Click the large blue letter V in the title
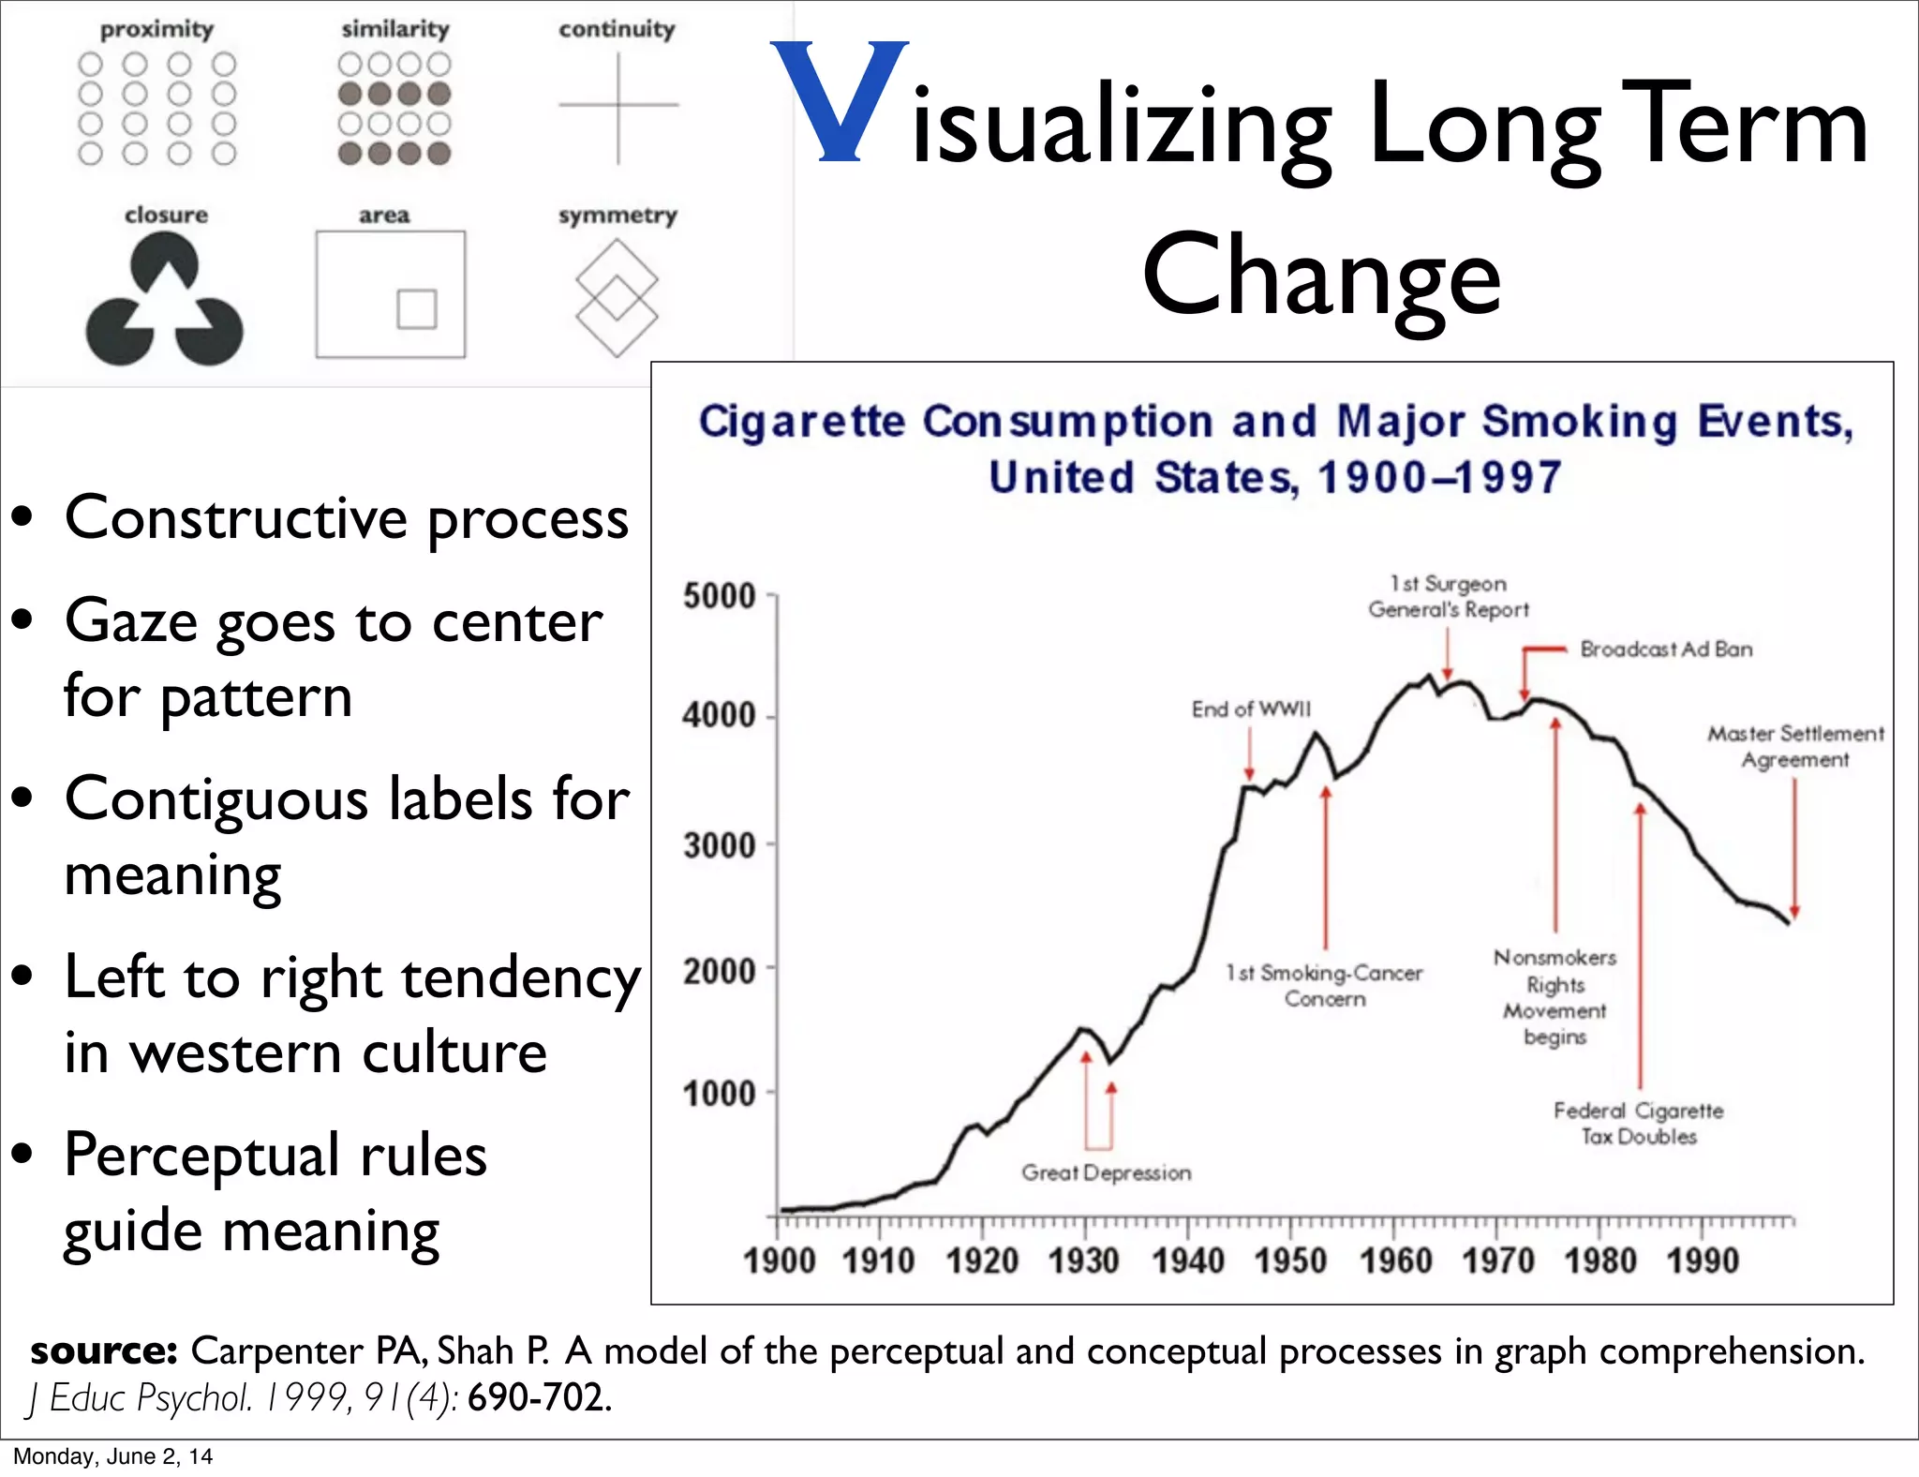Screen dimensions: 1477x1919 pyautogui.click(x=840, y=101)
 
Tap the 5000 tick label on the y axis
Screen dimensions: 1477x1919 pyautogui.click(x=719, y=596)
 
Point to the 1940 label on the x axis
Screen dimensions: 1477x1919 pyautogui.click(x=1187, y=1261)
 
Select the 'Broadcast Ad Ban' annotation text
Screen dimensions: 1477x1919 pyautogui.click(x=1666, y=649)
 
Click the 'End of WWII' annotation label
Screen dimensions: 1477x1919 pyautogui.click(x=1251, y=709)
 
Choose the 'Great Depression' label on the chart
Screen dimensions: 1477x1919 pyautogui.click(x=1106, y=1172)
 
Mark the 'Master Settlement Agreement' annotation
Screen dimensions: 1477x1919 pyautogui.click(x=1794, y=747)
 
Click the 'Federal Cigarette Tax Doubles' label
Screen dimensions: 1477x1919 pyautogui.click(x=1639, y=1124)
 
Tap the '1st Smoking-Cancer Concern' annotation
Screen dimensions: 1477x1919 pyautogui.click(x=1324, y=986)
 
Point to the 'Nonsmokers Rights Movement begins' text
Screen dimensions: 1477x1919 pyautogui.click(x=1555, y=997)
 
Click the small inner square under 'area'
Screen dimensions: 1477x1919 pyautogui.click(x=417, y=309)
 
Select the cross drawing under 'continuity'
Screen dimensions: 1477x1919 pyautogui.click(x=618, y=106)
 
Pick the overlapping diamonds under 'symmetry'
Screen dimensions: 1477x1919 pyautogui.click(x=617, y=297)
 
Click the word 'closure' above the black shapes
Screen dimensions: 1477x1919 pyautogui.click(x=166, y=215)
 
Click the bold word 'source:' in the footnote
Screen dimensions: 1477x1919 pyautogui.click(x=104, y=1351)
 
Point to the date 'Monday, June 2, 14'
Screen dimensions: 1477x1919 pyautogui.click(x=112, y=1456)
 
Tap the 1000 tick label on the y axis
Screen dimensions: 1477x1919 pyautogui.click(x=719, y=1094)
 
